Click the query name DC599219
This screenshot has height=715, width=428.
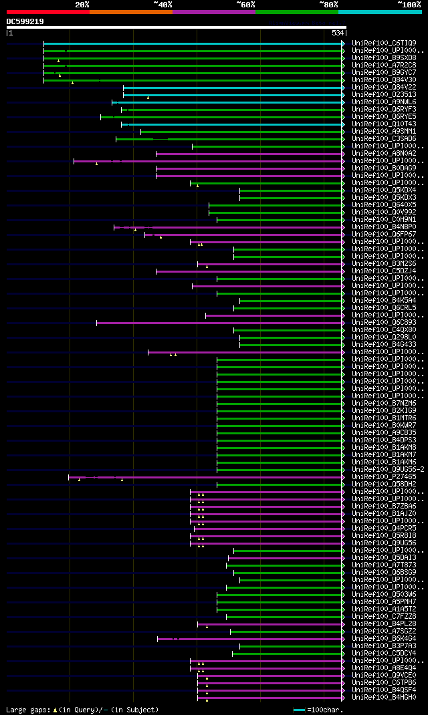[25, 21]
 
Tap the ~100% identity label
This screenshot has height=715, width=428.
[409, 5]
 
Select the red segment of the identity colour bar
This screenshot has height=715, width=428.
[47, 11]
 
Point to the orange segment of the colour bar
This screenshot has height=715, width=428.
[130, 11]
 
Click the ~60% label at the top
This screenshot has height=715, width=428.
[245, 5]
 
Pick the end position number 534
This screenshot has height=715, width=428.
[338, 33]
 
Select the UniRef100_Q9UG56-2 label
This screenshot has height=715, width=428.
[388, 470]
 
